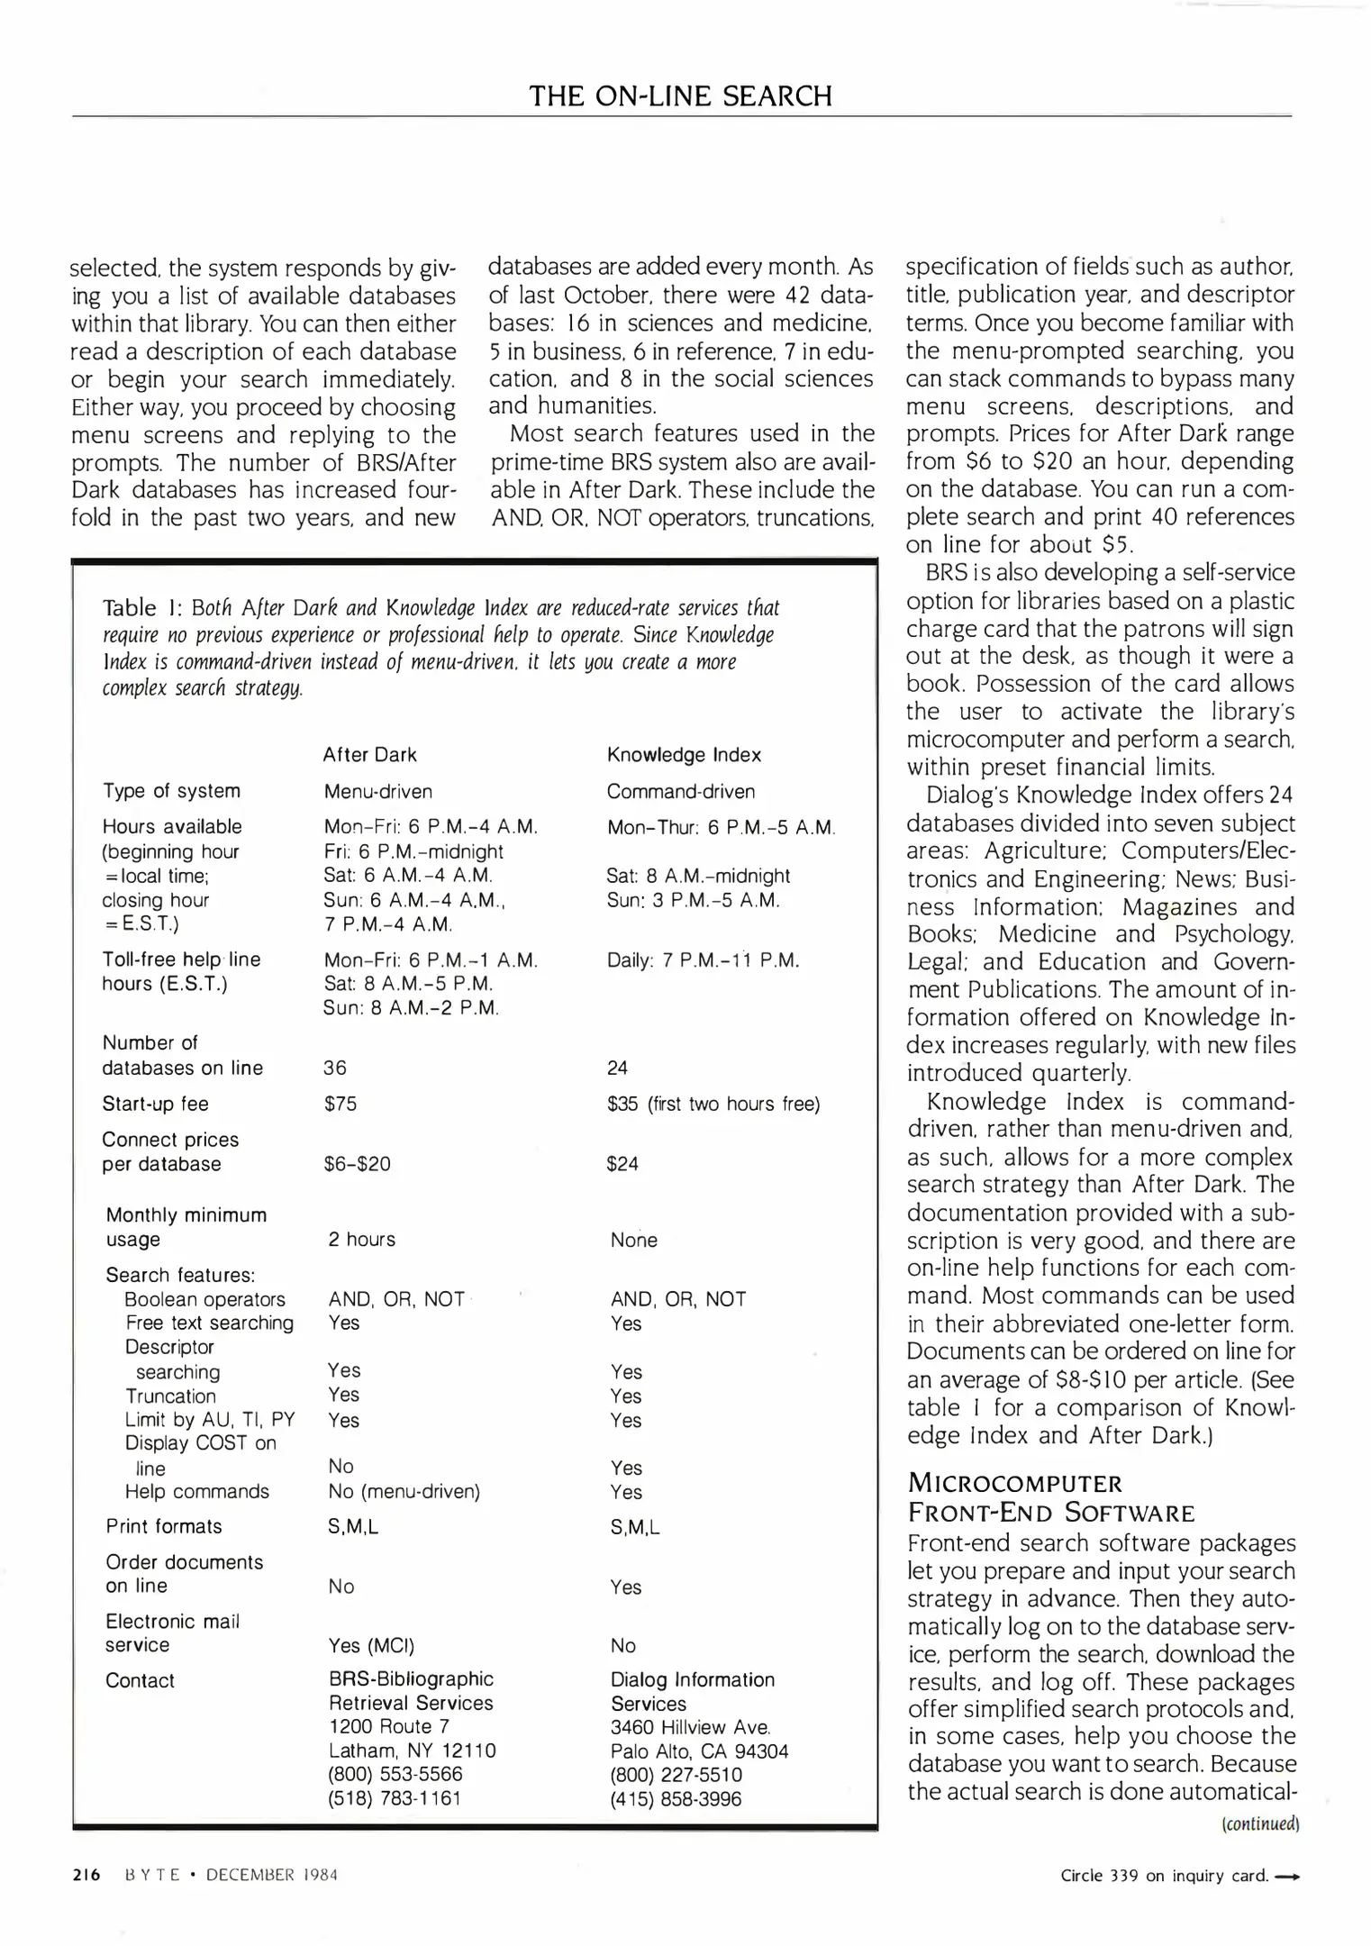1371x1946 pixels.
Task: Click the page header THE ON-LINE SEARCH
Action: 680,96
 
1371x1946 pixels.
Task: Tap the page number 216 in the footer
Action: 86,1875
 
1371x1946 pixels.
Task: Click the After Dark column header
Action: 370,755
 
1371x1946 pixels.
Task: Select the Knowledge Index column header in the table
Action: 684,755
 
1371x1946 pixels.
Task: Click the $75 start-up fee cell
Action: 340,1104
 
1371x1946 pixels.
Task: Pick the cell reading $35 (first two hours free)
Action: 713,1104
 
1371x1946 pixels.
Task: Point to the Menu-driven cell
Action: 378,792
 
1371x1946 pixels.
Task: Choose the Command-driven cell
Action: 681,792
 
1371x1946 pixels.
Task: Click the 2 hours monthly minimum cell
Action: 361,1240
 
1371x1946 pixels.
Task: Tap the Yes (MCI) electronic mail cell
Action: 371,1646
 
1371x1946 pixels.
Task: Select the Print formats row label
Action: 164,1527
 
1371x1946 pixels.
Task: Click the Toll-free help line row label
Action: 181,960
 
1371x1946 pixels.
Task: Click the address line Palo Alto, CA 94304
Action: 699,1751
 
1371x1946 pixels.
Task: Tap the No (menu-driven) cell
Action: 404,1492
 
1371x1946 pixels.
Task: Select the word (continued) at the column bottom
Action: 1259,1824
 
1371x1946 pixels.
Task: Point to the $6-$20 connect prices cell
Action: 358,1164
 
